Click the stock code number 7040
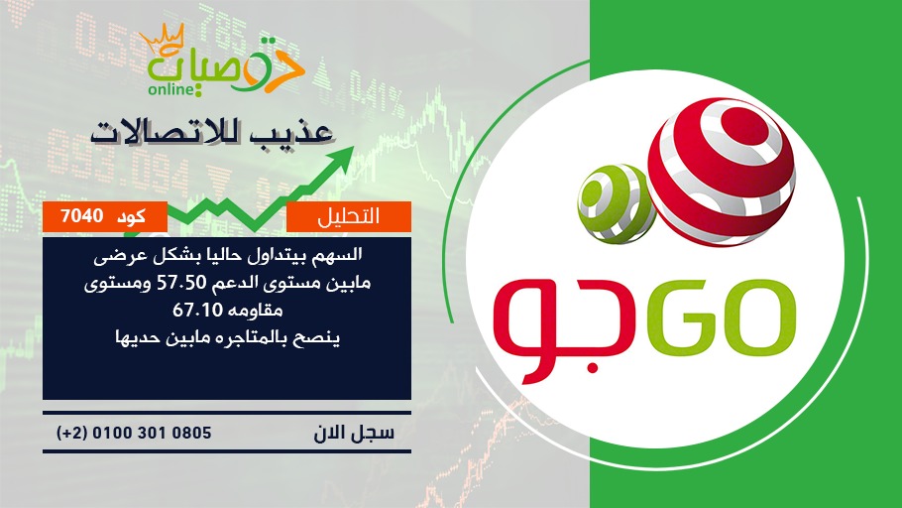click(x=81, y=216)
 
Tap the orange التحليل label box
click(x=349, y=216)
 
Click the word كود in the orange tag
click(x=131, y=216)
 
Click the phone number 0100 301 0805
click(x=152, y=433)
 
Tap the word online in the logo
click(x=169, y=89)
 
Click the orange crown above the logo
click(x=163, y=39)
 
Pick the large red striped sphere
click(x=722, y=172)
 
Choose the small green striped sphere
click(x=617, y=202)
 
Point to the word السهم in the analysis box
click(x=342, y=254)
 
